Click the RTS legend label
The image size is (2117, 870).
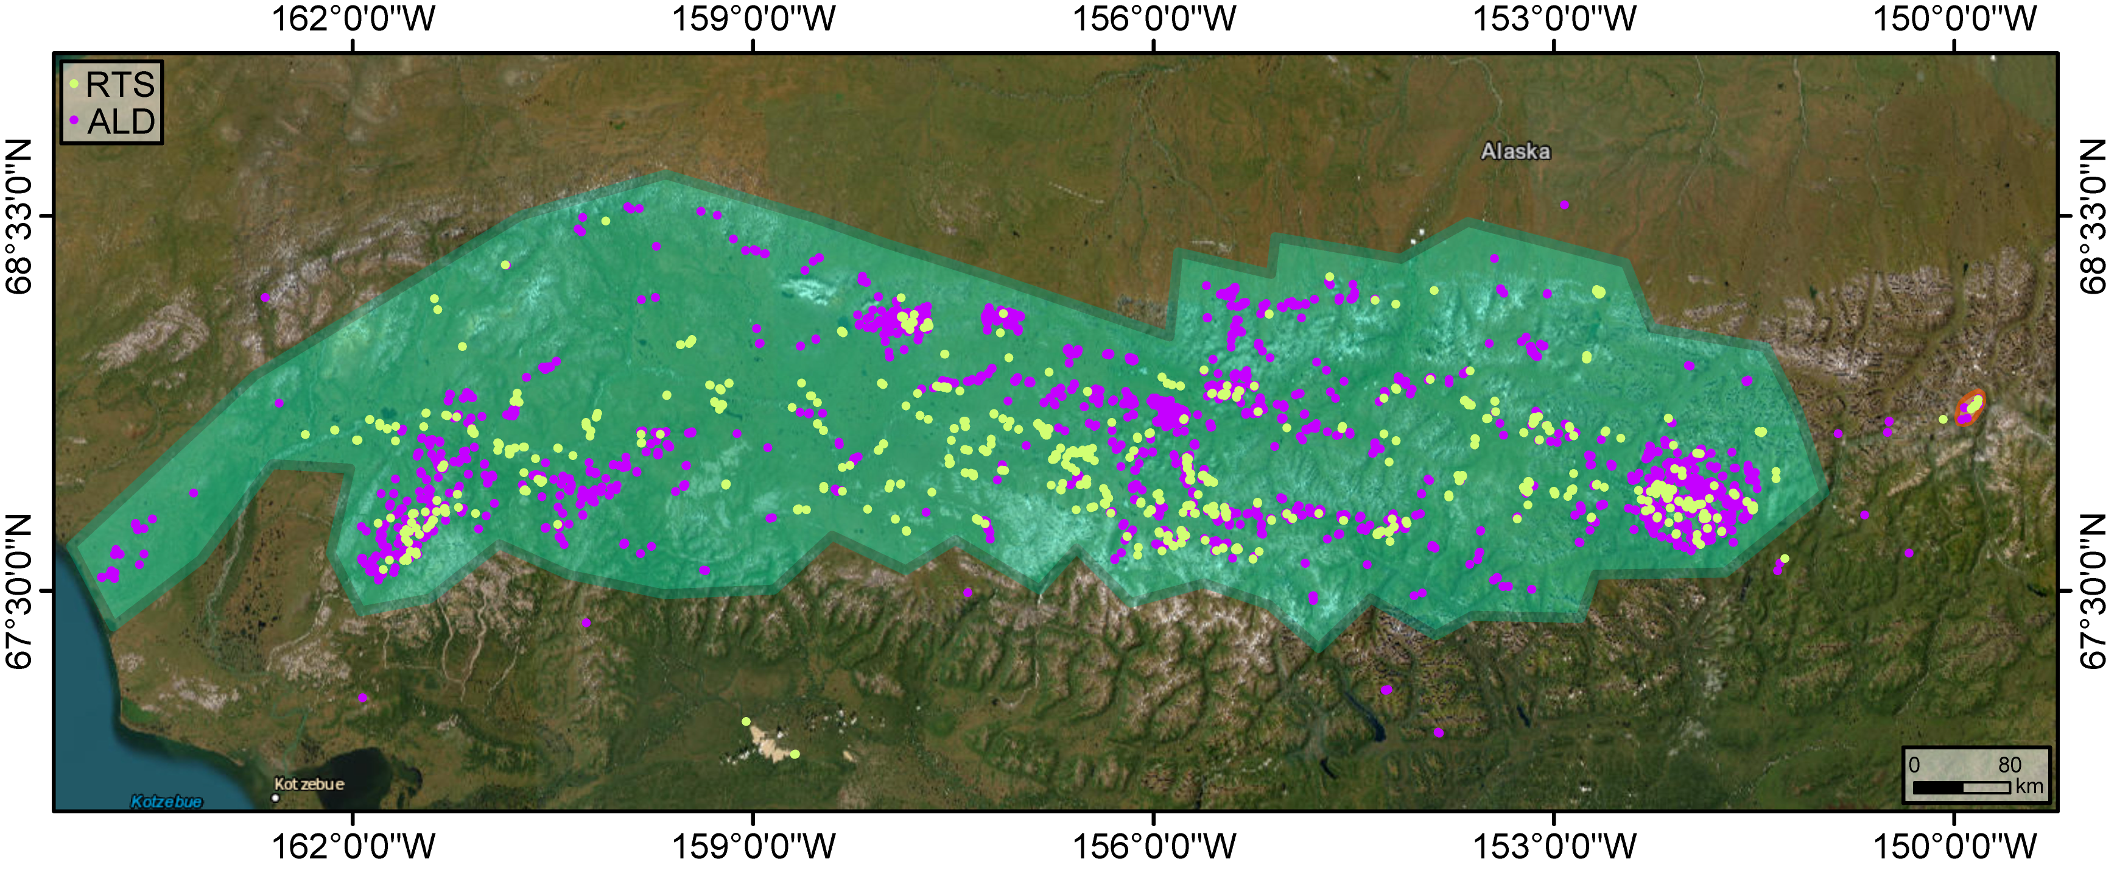[x=120, y=85]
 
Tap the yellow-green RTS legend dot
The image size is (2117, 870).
[x=74, y=83]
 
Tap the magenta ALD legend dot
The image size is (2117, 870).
[x=74, y=120]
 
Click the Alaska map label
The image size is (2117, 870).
[x=1515, y=151]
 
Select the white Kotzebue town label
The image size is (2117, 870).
[x=309, y=783]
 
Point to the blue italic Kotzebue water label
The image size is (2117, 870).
[x=167, y=802]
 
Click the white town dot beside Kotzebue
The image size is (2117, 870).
[x=276, y=797]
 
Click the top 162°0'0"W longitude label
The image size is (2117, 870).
[x=353, y=18]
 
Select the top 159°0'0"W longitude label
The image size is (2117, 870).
[x=754, y=18]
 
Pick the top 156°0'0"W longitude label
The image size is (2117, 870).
[x=1154, y=18]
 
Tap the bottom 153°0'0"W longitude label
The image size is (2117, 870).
[x=1554, y=846]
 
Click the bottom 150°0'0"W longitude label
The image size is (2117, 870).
[x=1954, y=846]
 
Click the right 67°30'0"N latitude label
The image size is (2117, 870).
[x=2094, y=590]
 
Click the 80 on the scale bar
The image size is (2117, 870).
[x=2009, y=765]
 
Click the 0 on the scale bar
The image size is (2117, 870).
[x=1914, y=765]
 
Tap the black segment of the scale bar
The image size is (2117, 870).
[x=1938, y=788]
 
